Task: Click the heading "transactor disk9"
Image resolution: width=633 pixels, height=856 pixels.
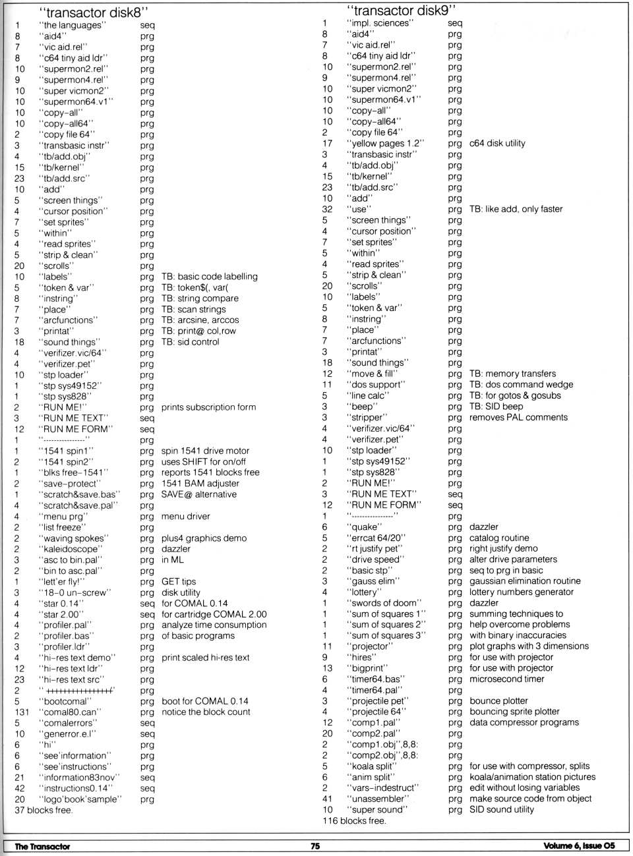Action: pos(401,10)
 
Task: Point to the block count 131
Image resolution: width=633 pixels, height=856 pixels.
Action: pos(22,712)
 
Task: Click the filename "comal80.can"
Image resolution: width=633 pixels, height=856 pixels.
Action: pos(70,712)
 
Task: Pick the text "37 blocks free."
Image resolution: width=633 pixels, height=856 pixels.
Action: pos(44,810)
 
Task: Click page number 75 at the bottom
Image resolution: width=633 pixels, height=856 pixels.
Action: pos(315,846)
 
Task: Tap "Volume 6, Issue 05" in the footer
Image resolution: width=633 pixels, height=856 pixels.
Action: pos(579,846)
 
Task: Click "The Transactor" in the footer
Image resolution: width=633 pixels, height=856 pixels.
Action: pos(42,846)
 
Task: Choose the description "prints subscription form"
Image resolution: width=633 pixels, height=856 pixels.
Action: pos(208,407)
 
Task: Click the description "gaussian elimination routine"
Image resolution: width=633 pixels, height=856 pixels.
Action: pos(525,581)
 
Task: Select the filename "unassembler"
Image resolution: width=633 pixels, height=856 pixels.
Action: pos(378,799)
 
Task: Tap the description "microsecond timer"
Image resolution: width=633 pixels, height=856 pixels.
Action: pos(507,679)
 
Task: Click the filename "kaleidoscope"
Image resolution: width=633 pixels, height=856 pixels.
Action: pos(71,549)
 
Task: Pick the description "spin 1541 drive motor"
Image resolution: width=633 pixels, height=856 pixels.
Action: pos(205,451)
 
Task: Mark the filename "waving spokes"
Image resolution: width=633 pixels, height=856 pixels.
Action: pos(73,538)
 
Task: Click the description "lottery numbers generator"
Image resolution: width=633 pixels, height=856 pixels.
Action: pos(522,592)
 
